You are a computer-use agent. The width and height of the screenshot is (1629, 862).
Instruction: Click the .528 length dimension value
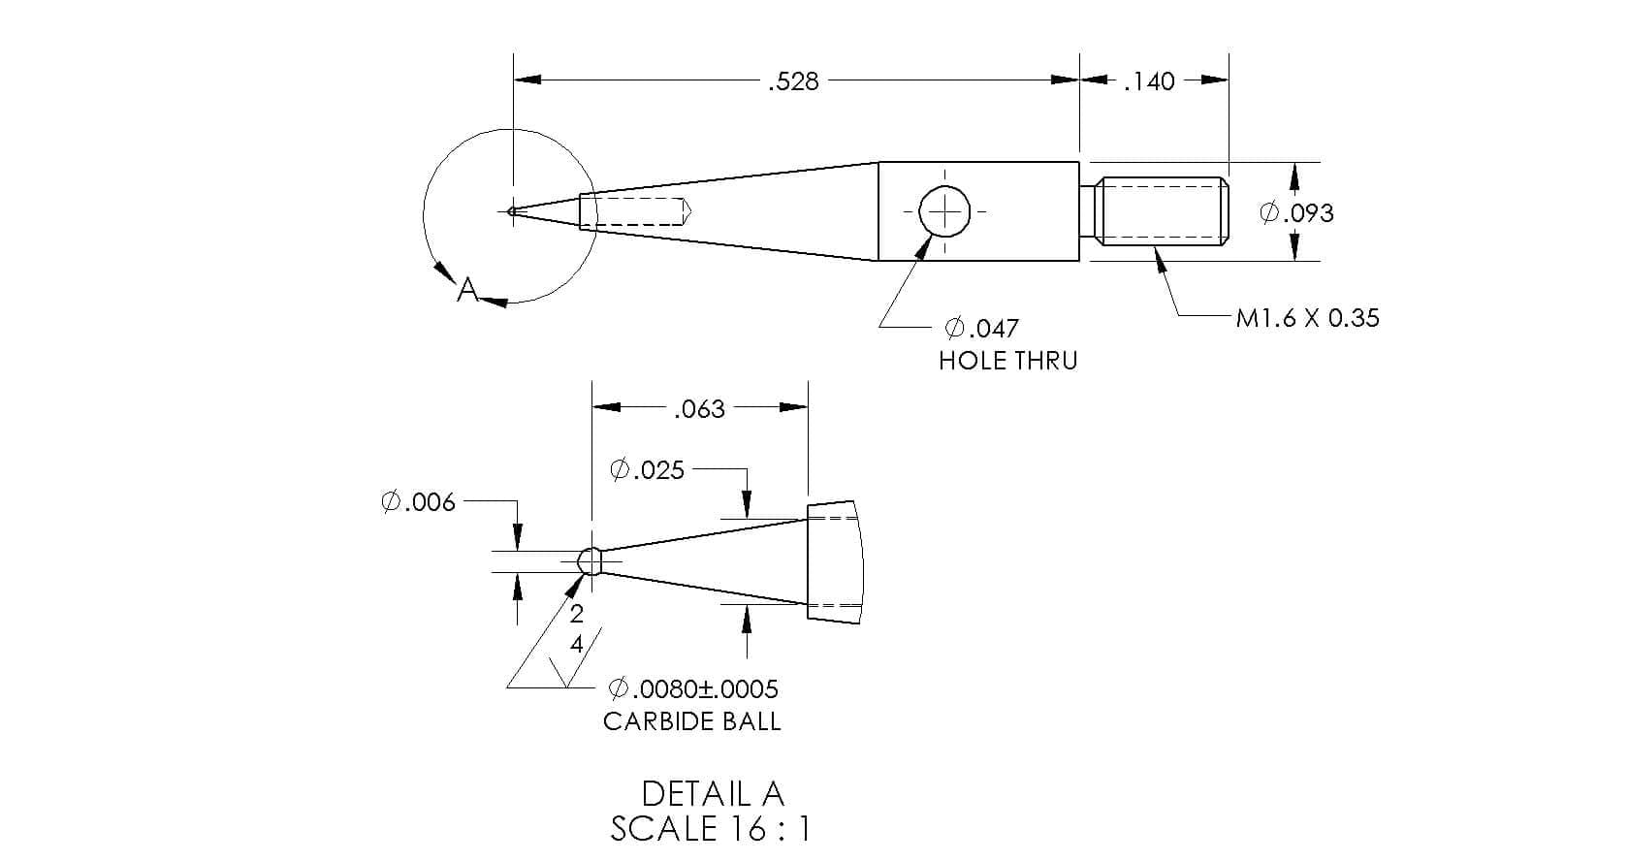pos(793,81)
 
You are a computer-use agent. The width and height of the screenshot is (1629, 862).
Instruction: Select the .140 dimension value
pos(1149,81)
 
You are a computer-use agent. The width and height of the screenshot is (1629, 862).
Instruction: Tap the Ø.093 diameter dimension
pos(1296,212)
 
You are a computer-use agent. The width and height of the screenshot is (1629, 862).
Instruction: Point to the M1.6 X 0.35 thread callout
pos(1307,318)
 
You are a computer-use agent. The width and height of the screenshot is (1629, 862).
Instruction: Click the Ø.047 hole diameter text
pos(981,328)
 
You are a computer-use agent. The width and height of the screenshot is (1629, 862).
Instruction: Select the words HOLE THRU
pos(1007,361)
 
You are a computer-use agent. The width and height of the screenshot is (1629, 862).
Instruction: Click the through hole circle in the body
pos(944,211)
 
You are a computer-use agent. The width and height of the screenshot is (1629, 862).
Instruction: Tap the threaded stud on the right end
pos(1161,211)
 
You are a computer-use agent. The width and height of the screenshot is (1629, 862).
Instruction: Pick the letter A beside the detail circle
pos(468,289)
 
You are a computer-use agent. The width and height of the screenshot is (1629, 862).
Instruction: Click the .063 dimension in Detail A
pos(699,409)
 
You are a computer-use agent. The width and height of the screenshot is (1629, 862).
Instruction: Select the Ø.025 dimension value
pos(647,470)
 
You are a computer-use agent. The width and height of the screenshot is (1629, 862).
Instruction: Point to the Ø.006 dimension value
pos(418,502)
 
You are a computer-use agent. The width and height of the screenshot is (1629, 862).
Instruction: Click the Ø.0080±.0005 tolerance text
pos(692,689)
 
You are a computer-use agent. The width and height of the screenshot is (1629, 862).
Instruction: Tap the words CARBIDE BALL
pos(691,721)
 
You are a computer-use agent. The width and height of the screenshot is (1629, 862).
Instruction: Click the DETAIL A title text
pos(712,794)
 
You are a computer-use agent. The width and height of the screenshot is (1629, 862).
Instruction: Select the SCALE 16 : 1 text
pos(710,829)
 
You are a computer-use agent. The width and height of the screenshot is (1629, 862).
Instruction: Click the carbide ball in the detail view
pos(589,560)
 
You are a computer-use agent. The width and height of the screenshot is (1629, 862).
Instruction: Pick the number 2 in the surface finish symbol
pos(576,613)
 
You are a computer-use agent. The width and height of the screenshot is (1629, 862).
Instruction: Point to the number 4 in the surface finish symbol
pos(576,644)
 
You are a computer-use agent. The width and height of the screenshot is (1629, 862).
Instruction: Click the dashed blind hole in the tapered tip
pos(635,211)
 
